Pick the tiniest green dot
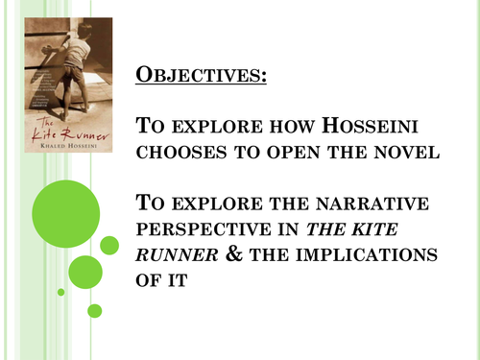coord(61,292)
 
